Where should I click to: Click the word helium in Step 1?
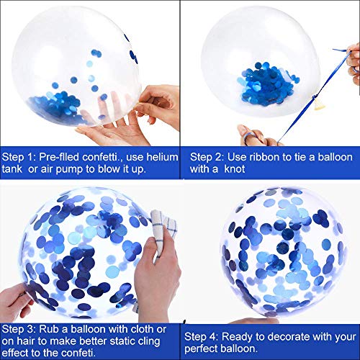tap(162, 157)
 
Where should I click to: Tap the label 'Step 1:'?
tap(19, 157)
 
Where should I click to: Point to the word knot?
tap(235, 169)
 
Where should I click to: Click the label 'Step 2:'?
tap(207, 157)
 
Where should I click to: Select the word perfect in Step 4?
tap(201, 348)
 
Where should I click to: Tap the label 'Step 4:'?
tap(201, 337)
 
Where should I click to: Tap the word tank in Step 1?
tap(12, 169)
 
